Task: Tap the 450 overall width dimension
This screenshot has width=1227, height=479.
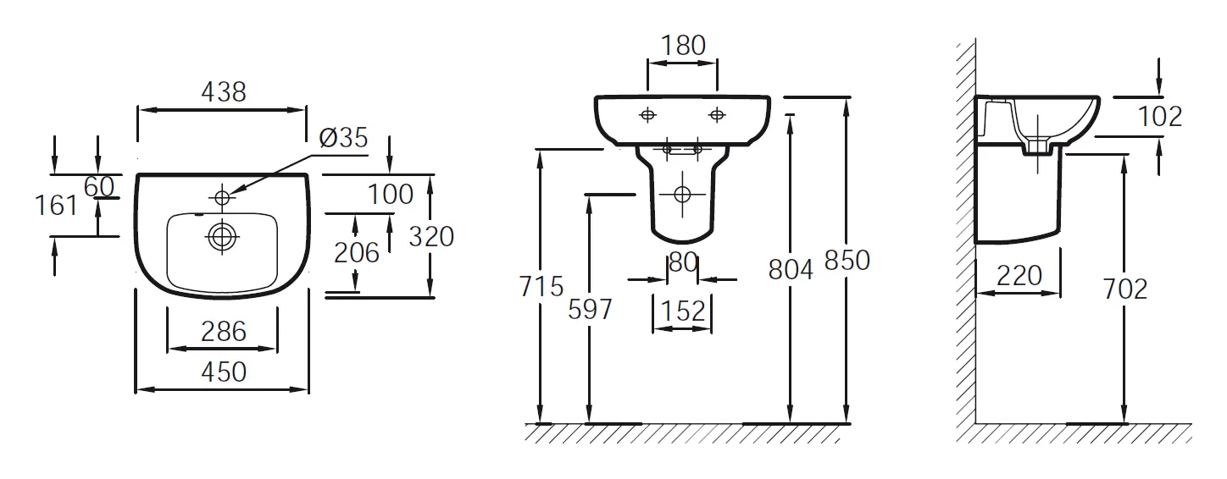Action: pos(224,371)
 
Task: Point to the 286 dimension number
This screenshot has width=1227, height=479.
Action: pos(224,331)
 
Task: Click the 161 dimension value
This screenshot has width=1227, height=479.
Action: pos(57,205)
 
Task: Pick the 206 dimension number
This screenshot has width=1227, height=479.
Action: pos(356,252)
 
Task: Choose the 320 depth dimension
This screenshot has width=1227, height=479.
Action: pos(431,236)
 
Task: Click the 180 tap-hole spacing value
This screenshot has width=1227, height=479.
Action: pos(682,45)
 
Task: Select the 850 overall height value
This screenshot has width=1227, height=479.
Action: pos(847,261)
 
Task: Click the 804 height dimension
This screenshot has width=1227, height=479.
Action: pos(790,269)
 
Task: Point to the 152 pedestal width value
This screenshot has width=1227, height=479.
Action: pos(682,311)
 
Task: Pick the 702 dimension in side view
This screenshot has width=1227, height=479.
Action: pos(1124,289)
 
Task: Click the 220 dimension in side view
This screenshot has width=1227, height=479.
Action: pos(1018,275)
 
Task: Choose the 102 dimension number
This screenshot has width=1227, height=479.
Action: pos(1159,116)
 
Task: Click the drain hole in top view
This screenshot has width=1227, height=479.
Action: pos(223,237)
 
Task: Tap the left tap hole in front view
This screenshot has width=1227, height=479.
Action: pos(647,114)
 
